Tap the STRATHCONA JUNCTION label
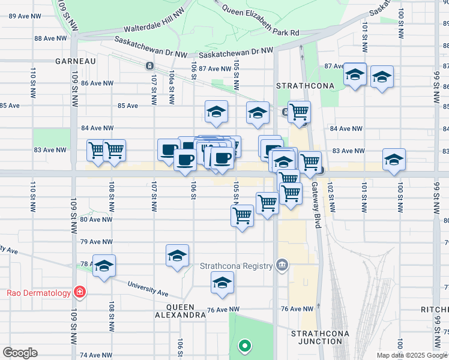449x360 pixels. [316, 337]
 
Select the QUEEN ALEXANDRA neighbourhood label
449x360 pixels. [181, 310]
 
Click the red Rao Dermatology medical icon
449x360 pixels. [79, 293]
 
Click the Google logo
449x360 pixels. [20, 353]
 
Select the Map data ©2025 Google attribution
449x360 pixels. [411, 355]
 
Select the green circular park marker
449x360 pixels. [244, 346]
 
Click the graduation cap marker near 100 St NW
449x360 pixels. [394, 160]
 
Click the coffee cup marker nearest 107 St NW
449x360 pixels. [169, 149]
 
